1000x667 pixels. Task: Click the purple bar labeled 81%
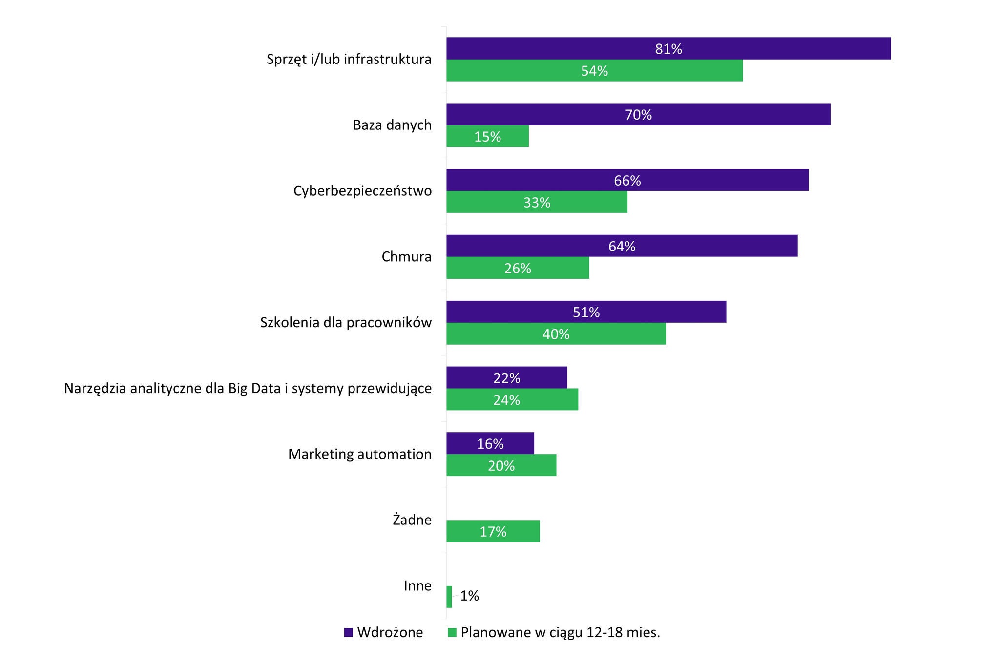pos(668,48)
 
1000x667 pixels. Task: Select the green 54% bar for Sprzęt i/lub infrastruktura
pos(594,71)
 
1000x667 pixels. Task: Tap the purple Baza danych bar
pos(638,114)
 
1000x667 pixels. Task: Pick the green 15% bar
pos(487,136)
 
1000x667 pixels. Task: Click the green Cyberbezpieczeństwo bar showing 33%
pos(537,202)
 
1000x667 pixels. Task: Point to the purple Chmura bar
pos(622,246)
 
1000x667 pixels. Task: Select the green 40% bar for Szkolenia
pos(556,334)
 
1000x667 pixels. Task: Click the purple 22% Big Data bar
pos(506,377)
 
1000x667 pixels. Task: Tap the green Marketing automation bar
pos(501,465)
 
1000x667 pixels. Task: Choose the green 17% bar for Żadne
pos(493,531)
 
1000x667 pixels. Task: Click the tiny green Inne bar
pos(449,597)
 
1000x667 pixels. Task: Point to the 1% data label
pos(470,596)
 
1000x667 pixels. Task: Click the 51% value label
pos(586,312)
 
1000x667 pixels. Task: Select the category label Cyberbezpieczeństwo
pos(362,191)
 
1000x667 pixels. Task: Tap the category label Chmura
pos(406,257)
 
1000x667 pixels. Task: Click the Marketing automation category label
pos(360,454)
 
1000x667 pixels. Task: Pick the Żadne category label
pos(412,520)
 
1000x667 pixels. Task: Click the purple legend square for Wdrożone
pos(348,633)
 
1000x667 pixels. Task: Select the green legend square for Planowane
pos(452,633)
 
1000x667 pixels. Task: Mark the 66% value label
pos(627,181)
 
